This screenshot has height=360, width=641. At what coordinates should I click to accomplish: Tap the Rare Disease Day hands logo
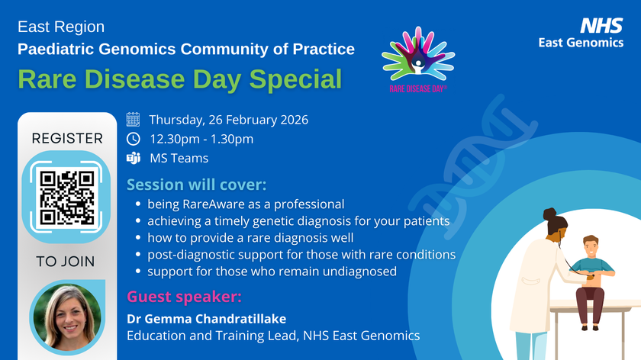(x=418, y=58)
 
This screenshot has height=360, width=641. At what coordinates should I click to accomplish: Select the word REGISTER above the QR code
(x=67, y=138)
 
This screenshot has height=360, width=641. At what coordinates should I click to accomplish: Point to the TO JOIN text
(x=67, y=262)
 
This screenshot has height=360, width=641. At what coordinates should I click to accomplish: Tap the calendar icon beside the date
(x=133, y=119)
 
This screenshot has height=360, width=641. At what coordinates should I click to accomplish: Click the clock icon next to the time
(x=133, y=139)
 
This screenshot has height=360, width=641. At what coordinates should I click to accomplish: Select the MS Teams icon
(x=133, y=159)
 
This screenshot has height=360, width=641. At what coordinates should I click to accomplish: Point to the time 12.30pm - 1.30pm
(x=201, y=139)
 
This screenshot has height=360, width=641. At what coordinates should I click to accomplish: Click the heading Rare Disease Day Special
(x=180, y=79)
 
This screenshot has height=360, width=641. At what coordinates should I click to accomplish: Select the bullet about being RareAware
(x=245, y=204)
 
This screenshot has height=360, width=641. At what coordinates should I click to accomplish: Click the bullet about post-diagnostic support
(x=301, y=254)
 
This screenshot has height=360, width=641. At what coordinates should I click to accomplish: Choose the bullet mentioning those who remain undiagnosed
(x=272, y=271)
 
